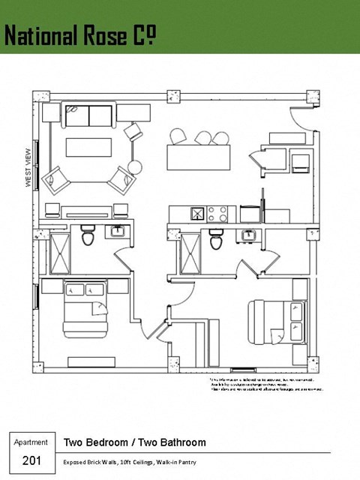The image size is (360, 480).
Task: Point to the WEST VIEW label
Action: [28, 166]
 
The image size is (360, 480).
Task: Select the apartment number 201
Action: [31, 460]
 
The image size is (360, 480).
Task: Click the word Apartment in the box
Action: [31, 442]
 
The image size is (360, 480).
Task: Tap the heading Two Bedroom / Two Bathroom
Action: [134, 442]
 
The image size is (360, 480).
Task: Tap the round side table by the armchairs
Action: [135, 167]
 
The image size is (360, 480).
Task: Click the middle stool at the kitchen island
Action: [202, 137]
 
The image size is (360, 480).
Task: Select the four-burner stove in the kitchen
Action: [217, 214]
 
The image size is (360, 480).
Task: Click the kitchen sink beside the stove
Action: [196, 214]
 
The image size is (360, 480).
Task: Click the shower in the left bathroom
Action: [58, 253]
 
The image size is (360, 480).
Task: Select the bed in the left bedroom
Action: [85, 308]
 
